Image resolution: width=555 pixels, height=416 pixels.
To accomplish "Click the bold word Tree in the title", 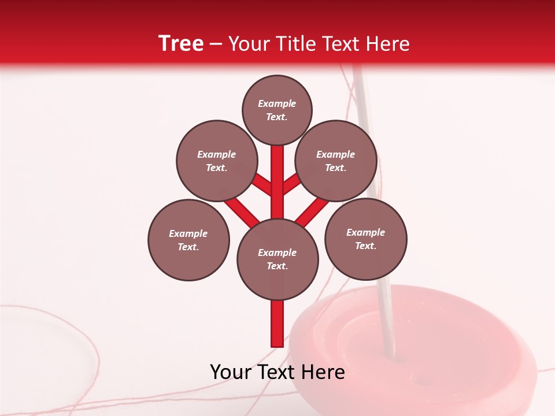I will point(181,43).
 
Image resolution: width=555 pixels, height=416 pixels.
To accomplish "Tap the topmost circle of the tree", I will point(277,110).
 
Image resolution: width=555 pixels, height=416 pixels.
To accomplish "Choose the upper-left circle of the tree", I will point(217,161).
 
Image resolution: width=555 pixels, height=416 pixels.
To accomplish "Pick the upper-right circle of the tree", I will point(336,161).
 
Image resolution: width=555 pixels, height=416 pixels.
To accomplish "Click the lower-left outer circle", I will point(188,240).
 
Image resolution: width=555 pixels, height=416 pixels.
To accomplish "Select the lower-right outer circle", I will point(366,239).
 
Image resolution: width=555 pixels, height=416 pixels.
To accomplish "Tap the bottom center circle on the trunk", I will point(277,259).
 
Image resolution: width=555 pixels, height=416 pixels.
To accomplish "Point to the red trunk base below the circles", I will point(277,324).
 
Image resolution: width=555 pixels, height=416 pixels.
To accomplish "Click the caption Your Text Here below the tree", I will point(277,372).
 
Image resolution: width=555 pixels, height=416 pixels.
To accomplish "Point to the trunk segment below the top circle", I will point(277,173).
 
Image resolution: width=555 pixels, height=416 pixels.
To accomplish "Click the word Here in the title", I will point(389,44).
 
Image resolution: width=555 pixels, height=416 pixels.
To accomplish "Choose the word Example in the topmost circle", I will point(277,104).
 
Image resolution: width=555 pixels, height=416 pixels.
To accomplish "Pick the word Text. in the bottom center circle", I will point(277,266).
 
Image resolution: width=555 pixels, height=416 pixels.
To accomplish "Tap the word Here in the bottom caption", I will point(322,372).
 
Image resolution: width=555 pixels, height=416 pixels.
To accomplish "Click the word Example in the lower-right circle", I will point(366,232).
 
